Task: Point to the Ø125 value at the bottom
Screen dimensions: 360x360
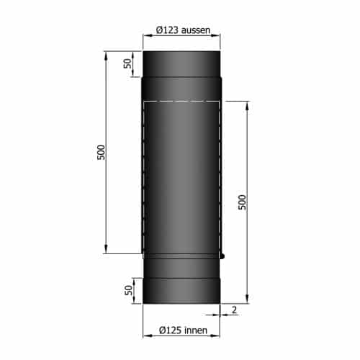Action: click(169, 332)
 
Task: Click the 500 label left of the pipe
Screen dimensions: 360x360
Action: click(102, 153)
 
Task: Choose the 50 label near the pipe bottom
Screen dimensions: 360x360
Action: click(128, 290)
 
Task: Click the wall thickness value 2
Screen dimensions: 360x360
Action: click(235, 310)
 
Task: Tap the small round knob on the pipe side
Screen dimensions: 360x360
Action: click(224, 256)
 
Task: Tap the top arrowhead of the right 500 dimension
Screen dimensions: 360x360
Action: click(248, 103)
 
